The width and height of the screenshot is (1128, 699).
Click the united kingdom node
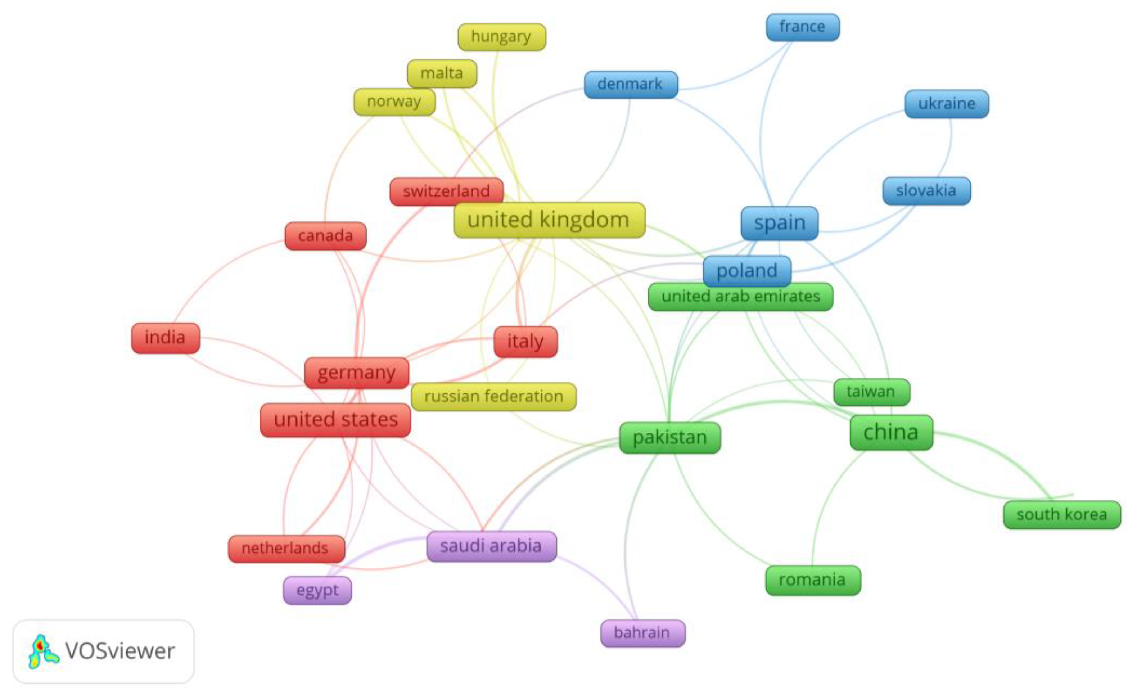click(549, 220)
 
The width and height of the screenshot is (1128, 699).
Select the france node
click(803, 27)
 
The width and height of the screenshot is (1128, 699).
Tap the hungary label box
click(502, 37)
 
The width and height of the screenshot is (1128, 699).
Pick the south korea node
click(1061, 515)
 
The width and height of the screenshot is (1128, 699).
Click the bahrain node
click(642, 633)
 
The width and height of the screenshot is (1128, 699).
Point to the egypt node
click(317, 590)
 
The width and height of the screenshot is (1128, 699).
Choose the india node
click(166, 338)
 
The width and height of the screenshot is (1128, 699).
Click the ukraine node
click(946, 104)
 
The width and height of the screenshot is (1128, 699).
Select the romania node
click(813, 580)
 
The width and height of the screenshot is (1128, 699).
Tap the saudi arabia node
click(491, 546)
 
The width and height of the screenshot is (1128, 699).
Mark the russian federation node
click(493, 397)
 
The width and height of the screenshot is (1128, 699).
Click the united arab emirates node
click(740, 296)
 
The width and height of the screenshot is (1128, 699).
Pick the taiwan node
click(871, 392)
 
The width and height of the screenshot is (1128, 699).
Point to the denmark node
click(631, 84)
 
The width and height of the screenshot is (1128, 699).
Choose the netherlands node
click(286, 548)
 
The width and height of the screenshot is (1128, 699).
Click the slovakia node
click(926, 190)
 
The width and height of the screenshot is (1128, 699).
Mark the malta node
click(442, 73)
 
